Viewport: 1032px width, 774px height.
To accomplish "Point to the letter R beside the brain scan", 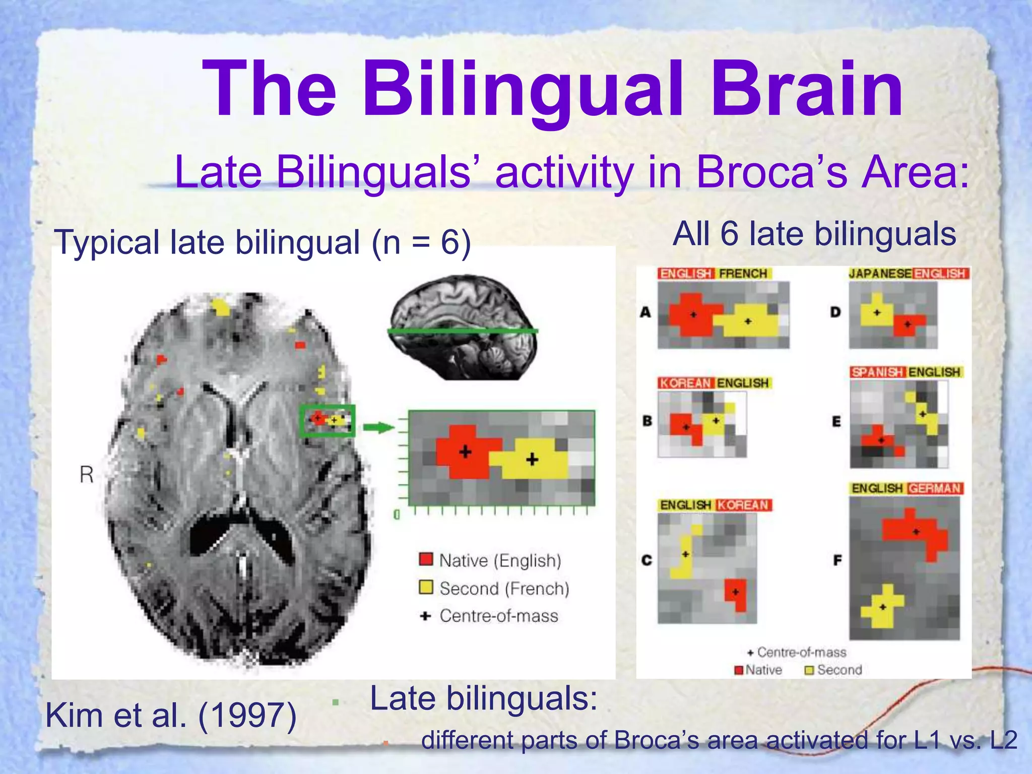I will point(87,474).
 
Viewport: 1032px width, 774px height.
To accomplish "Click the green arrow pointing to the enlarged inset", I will point(378,428).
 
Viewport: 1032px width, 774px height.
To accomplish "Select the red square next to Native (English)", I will point(426,559).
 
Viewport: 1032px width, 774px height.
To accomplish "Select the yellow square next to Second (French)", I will point(426,587).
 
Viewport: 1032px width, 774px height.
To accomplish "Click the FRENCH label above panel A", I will point(743,274).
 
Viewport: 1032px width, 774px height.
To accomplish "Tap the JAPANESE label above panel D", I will point(880,274).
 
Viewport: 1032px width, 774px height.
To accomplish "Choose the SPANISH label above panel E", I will point(877,372).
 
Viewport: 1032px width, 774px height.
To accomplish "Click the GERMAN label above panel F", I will point(935,488).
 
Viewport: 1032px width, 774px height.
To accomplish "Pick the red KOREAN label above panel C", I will point(743,505).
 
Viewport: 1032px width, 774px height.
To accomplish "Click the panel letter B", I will point(647,421).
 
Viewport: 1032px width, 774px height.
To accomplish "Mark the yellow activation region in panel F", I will point(883,608).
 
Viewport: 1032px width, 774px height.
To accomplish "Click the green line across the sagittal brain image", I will point(463,331).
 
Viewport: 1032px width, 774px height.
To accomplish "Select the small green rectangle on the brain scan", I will point(327,420).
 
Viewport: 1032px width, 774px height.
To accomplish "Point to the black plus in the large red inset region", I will point(465,451).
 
